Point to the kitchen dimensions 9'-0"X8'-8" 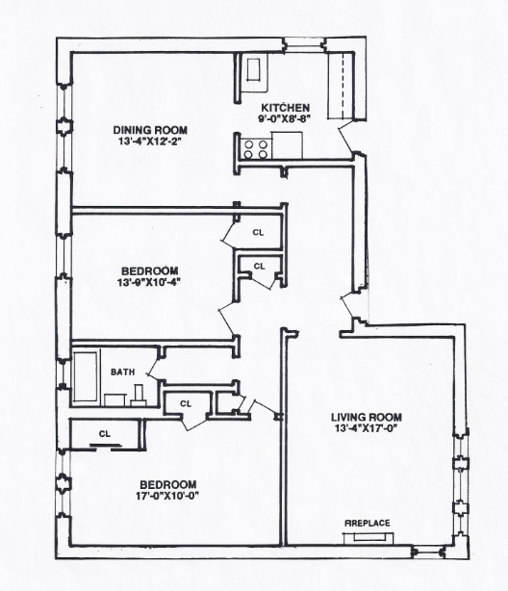[286, 119]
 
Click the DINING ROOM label [150, 130]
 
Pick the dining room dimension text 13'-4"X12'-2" [150, 142]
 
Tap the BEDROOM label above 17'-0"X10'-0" [168, 483]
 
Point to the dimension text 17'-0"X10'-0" [168, 496]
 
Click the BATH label [122, 372]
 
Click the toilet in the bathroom [139, 393]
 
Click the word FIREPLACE [368, 522]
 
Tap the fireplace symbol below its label [368, 535]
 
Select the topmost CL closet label [258, 232]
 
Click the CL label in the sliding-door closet [105, 434]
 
